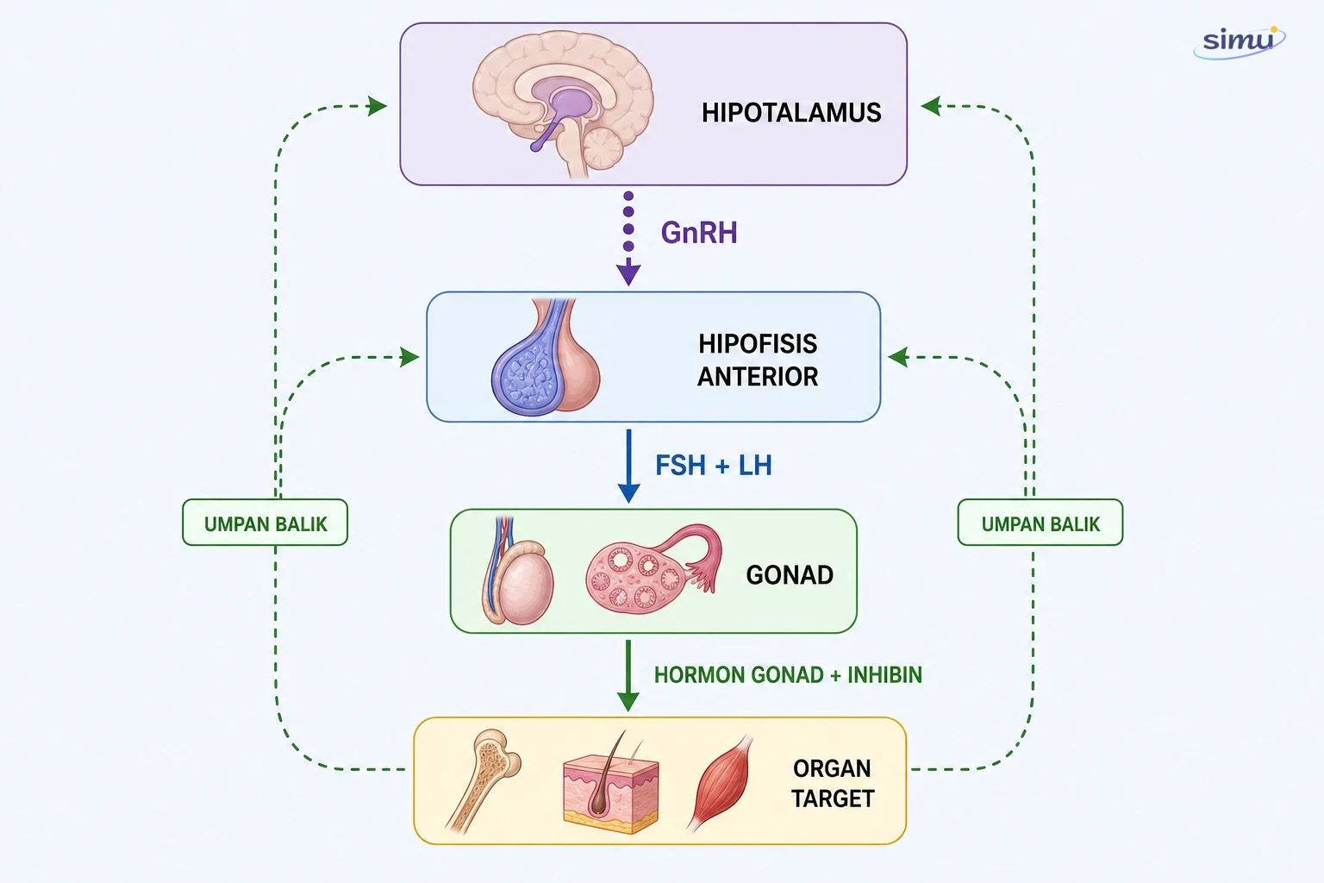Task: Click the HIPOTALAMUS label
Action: pos(790,112)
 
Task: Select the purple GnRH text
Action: pos(699,233)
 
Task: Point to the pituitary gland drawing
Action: pos(545,357)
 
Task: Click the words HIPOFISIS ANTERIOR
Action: pos(758,360)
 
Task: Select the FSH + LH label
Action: pos(714,466)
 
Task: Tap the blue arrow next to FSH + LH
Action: pos(628,466)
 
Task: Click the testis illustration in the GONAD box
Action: pos(517,571)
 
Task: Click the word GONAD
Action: pos(790,575)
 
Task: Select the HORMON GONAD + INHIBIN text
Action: pos(788,675)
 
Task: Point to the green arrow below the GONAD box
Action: pos(628,675)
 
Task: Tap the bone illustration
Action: pos(484,780)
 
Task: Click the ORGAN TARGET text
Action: pos(832,784)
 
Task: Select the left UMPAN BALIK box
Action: pos(265,523)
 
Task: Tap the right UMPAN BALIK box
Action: pos(1040,523)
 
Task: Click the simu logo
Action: pos(1240,42)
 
